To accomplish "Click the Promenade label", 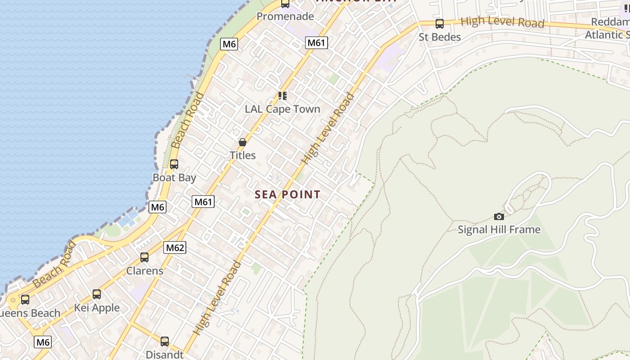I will pyautogui.click(x=285, y=17).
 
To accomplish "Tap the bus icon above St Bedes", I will pyautogui.click(x=439, y=24).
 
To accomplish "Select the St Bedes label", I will pyautogui.click(x=440, y=37).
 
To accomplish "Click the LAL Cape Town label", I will pyautogui.click(x=283, y=109).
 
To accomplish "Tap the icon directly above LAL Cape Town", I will pyautogui.click(x=282, y=96).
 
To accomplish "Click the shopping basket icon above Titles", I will pyautogui.click(x=243, y=142).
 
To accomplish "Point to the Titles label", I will pyautogui.click(x=243, y=155).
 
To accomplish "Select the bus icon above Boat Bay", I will pyautogui.click(x=174, y=164).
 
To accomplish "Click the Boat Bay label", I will pyautogui.click(x=174, y=177).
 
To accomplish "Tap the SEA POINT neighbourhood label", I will pyautogui.click(x=288, y=194).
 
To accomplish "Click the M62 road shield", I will pyautogui.click(x=175, y=247).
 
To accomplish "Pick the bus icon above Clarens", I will pyautogui.click(x=144, y=257).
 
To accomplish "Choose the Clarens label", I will pyautogui.click(x=144, y=271).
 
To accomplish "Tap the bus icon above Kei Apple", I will pyautogui.click(x=97, y=294).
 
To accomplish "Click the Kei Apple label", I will pyautogui.click(x=97, y=308).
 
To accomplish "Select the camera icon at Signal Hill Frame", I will pyautogui.click(x=499, y=216).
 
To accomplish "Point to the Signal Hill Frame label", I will pyautogui.click(x=499, y=229).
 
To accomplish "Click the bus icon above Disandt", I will pyautogui.click(x=165, y=341).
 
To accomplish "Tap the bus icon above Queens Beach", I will pyautogui.click(x=25, y=300).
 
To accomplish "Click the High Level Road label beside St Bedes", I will pyautogui.click(x=502, y=22).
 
